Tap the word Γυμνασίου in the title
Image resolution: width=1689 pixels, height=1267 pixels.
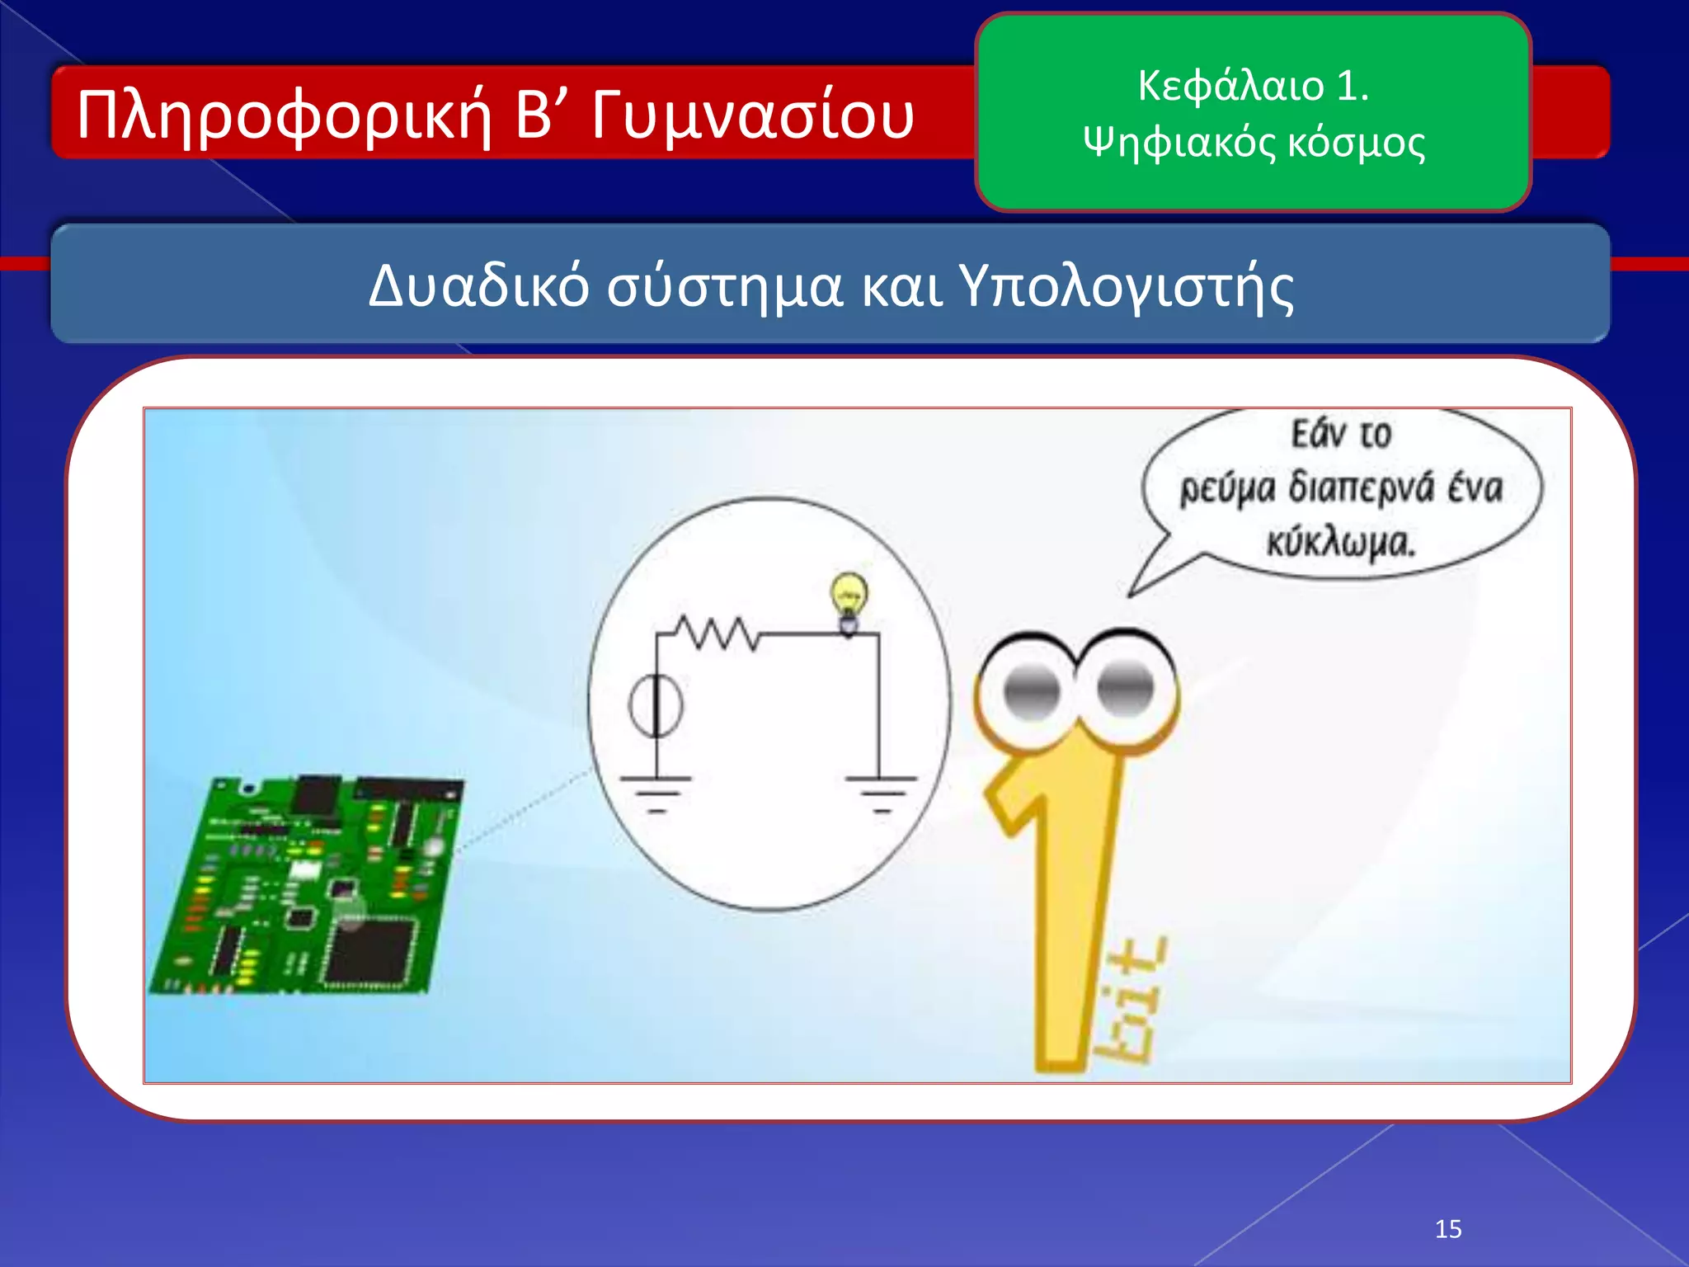click(x=752, y=115)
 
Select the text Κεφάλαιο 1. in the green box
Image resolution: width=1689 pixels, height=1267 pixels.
click(x=1253, y=86)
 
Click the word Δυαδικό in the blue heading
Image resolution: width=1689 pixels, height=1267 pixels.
click(x=478, y=286)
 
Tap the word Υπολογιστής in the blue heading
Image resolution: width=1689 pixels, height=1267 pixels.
click(x=1126, y=286)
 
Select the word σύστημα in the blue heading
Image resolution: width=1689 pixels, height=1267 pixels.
click(x=725, y=286)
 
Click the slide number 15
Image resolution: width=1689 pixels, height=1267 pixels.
click(x=1448, y=1229)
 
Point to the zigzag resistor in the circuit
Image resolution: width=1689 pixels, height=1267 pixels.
click(x=716, y=633)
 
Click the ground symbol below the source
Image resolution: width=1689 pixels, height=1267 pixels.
click(x=656, y=792)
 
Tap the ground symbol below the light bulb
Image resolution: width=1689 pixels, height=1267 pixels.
click(x=881, y=792)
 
